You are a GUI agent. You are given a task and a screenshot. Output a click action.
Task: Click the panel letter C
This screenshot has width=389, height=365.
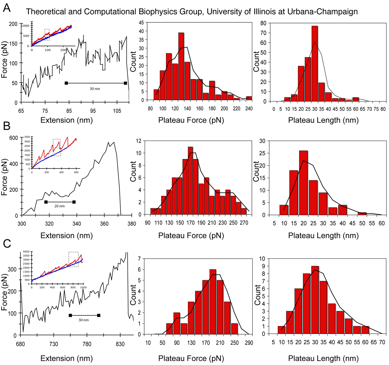6,243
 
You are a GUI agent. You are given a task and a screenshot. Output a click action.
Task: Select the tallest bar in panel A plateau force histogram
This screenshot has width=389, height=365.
181,66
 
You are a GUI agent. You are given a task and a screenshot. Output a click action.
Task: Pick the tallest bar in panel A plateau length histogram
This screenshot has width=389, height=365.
314,64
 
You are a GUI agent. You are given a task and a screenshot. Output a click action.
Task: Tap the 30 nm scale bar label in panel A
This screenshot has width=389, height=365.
95,88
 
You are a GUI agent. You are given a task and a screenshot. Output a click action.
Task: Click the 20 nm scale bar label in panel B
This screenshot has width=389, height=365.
59,206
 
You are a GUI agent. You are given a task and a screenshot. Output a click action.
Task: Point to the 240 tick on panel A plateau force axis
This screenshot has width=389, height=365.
249,109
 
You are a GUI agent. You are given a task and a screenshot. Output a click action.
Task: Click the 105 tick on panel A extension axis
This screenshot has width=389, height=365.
117,111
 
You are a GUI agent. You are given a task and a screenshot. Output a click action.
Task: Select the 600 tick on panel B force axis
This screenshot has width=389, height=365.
14,138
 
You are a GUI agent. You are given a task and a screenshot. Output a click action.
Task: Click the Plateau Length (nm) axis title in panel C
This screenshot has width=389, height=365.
323,358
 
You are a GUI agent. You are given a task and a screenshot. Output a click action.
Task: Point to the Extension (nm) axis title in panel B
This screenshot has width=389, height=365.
66,236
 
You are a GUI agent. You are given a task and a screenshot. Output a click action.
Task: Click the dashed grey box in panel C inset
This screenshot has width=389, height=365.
73,259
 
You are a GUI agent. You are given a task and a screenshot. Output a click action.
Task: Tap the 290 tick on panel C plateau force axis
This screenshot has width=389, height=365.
249,343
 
